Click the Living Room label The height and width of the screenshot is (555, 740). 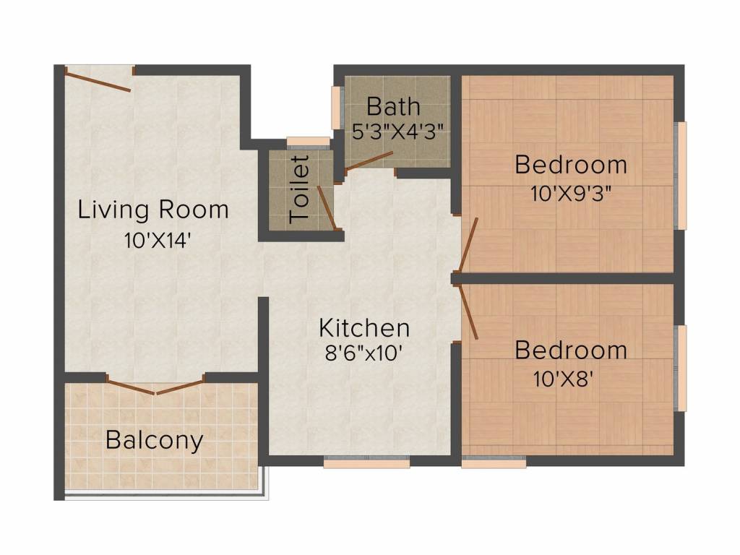(x=153, y=210)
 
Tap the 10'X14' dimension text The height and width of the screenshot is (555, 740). (x=158, y=241)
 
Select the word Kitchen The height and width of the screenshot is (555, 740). (x=364, y=328)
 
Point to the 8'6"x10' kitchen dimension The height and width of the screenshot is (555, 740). (x=363, y=353)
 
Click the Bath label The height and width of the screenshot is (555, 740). (x=393, y=106)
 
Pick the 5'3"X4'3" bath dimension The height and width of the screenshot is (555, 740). (x=398, y=132)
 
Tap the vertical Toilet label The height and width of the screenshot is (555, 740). (x=300, y=189)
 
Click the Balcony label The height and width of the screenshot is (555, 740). (x=155, y=440)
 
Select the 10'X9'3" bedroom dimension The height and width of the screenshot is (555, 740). (x=571, y=194)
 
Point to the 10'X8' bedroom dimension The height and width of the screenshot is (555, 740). (x=562, y=379)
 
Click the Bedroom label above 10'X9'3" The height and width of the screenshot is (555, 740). (x=571, y=165)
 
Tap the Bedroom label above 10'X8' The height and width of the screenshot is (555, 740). (x=571, y=350)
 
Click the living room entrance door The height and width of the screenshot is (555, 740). (x=98, y=79)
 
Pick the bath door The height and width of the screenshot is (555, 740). (x=368, y=161)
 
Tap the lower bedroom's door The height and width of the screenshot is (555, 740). (x=469, y=311)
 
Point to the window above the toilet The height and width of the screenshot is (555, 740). (x=309, y=142)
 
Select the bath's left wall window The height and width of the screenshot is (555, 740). (x=337, y=107)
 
